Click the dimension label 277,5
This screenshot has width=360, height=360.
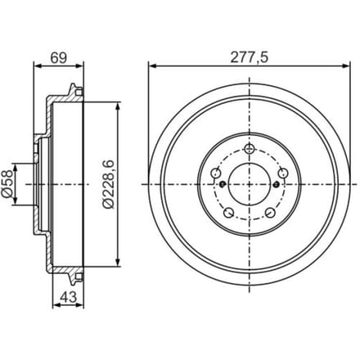click(250, 57)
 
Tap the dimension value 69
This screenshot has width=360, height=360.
click(59, 57)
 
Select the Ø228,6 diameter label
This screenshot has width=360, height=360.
click(108, 184)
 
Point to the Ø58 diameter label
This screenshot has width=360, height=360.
click(7, 183)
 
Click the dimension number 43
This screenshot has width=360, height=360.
click(68, 297)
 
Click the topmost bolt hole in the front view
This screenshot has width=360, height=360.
click(250, 149)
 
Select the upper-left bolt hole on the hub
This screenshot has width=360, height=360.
click(216, 173)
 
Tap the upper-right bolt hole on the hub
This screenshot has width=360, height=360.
click(283, 173)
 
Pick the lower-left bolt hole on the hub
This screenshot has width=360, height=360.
click(228, 213)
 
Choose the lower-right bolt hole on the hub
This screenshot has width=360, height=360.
click(270, 213)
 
